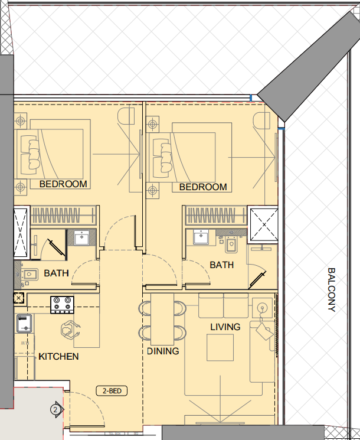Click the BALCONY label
[x=332, y=289]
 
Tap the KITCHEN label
[x=58, y=356]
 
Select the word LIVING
[x=225, y=327]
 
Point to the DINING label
[x=163, y=351]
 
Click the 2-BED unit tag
[x=112, y=391]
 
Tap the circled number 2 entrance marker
[x=55, y=410]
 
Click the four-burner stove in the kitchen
[x=62, y=305]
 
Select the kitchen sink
[x=24, y=324]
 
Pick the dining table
[x=162, y=319]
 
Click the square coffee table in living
[x=220, y=347]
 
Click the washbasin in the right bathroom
[x=201, y=237]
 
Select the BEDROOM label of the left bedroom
[x=63, y=184]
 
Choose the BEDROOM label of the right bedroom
[x=203, y=187]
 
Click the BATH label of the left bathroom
[x=56, y=273]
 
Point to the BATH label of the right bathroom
[x=222, y=265]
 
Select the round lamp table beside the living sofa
[x=262, y=308]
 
